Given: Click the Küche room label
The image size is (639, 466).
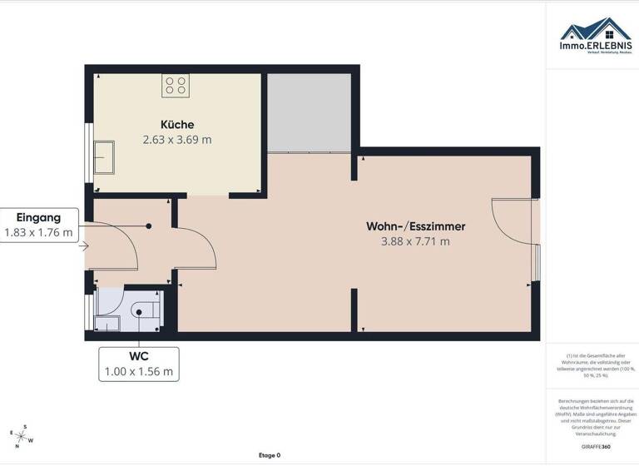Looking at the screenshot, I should coord(177,124).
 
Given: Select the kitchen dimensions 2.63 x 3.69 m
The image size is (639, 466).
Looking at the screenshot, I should coord(177,140).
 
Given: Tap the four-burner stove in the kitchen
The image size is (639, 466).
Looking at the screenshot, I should coord(176,85).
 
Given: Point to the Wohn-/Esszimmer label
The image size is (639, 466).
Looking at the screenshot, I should coord(415,226).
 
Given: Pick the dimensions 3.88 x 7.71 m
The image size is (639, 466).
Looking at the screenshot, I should coord(415,241).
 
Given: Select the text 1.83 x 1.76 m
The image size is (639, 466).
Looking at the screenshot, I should coord(38,232).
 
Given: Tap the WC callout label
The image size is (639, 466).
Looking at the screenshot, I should coord(138,356).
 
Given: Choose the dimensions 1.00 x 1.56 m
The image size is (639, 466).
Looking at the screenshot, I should coord(138,372).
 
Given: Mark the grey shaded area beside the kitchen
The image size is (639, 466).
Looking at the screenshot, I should coord(308,112).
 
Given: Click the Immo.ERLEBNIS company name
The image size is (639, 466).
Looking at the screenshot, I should coord(595,46).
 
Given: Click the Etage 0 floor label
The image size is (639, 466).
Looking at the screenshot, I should coord(270,455).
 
